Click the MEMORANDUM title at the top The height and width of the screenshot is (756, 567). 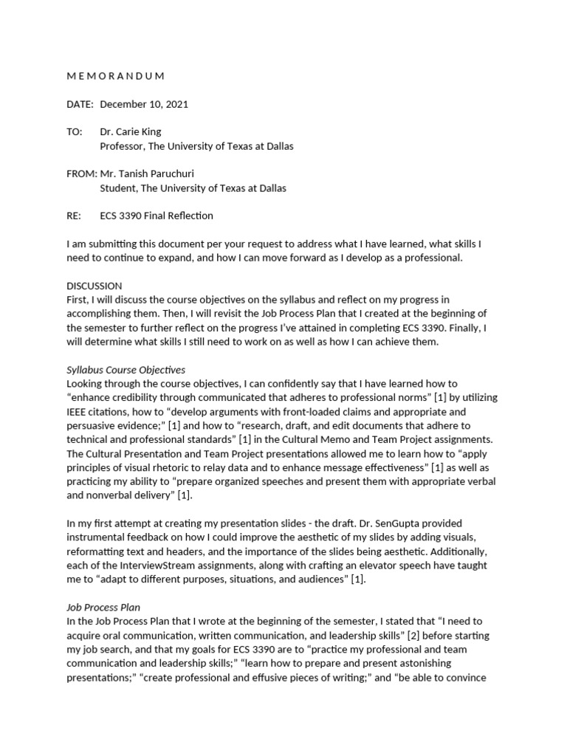coord(115,76)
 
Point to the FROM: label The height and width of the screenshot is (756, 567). coord(81,174)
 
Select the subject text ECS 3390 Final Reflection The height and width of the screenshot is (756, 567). coord(157,216)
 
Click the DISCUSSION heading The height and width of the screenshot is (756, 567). coord(94,286)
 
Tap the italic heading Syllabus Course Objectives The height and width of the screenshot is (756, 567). coord(126,369)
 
